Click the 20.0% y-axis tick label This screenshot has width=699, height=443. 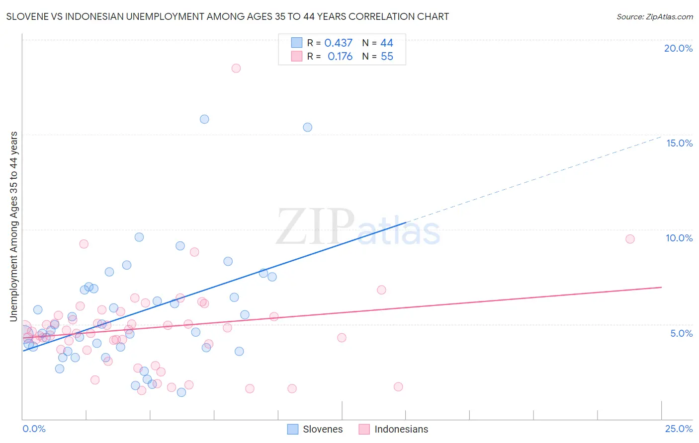[x=678, y=48]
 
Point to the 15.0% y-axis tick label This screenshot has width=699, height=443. [x=679, y=143]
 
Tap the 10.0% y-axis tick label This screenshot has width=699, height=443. [x=679, y=238]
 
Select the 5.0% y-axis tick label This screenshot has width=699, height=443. [x=681, y=333]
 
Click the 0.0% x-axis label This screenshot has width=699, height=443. [x=34, y=429]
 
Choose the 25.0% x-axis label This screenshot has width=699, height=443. [x=679, y=429]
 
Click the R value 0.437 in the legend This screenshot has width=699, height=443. [x=338, y=43]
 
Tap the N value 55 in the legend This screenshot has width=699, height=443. [x=387, y=57]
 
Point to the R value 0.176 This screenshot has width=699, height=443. [x=340, y=57]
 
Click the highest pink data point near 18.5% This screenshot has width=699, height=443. [x=236, y=68]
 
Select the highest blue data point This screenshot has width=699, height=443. [x=204, y=119]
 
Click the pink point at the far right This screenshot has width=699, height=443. [x=630, y=239]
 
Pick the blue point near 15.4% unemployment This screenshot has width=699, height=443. [x=308, y=127]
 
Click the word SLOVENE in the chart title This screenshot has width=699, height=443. [x=27, y=16]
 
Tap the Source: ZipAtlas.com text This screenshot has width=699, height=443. [x=654, y=16]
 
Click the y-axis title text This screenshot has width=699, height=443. [x=13, y=226]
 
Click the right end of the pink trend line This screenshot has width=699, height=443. [x=661, y=287]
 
